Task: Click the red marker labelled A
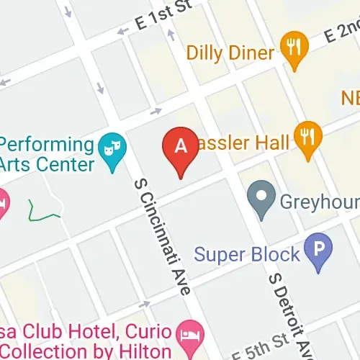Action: (181, 147)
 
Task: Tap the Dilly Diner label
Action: (230, 53)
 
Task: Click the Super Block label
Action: (247, 254)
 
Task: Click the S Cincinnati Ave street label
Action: (162, 234)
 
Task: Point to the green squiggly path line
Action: (44, 210)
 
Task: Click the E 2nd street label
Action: (339, 32)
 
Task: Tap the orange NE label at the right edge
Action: (350, 97)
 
